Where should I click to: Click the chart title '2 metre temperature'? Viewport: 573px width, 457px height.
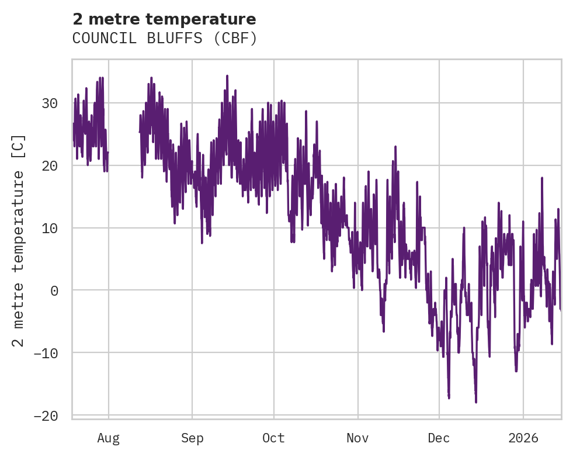coord(164,19)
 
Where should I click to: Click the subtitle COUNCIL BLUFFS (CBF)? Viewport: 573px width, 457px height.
coord(165,39)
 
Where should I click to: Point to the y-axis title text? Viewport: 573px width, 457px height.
coord(19,240)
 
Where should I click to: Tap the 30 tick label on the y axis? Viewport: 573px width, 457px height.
coord(50,103)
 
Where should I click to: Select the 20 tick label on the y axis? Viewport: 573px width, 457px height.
coord(50,166)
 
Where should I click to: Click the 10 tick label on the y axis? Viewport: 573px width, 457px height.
coord(50,228)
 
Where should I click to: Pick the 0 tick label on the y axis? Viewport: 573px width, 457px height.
coord(54,290)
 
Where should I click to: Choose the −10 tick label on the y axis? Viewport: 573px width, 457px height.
coord(46,353)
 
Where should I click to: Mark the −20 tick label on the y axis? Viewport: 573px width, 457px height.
coord(46,416)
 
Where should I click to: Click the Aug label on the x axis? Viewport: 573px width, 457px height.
coord(109,438)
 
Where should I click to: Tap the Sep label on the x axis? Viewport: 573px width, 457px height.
coord(192,438)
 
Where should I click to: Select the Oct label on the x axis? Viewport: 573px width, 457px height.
coord(273,438)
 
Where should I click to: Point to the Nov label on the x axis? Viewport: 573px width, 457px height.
coord(357,438)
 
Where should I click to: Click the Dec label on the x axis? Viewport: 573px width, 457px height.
coord(439,438)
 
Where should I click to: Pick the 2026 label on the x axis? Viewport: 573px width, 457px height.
coord(523,438)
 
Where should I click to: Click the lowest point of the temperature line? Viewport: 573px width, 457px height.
coord(476,402)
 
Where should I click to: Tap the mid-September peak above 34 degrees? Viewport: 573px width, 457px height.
coord(227,75)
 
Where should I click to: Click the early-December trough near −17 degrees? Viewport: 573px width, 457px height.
coord(449,398)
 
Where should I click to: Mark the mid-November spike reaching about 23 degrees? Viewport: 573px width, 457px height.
coord(395,146)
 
